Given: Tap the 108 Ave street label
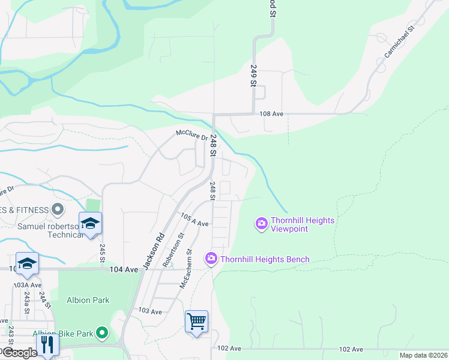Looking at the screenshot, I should point(271,113).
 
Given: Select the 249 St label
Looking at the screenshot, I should point(253,76).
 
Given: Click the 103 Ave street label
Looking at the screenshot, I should point(150,311).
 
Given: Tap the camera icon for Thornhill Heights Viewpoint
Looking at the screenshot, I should point(261,224).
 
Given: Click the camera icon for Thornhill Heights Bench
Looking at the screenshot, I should point(211,259).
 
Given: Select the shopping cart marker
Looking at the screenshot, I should point(196,322).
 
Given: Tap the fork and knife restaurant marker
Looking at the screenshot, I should point(47,344).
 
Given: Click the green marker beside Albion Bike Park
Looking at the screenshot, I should point(102,332).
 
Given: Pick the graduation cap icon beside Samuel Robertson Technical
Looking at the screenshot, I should point(90,224).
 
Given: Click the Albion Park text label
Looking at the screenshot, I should point(88,300).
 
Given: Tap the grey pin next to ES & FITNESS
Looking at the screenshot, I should point(58,209).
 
